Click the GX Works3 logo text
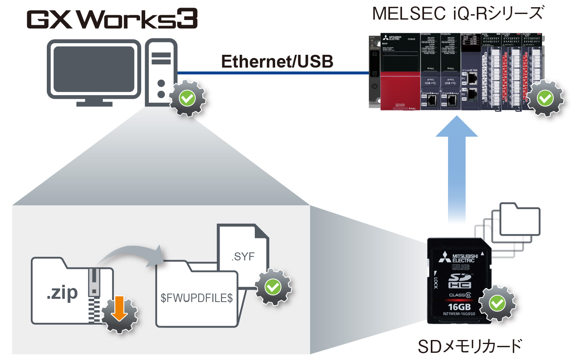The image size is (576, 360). pyautogui.click(x=112, y=19)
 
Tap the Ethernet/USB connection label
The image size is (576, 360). pyautogui.click(x=277, y=62)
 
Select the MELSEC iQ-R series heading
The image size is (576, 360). pyautogui.click(x=458, y=14)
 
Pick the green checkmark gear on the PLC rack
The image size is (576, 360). pyautogui.click(x=545, y=98)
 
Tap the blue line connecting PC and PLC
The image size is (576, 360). pyautogui.click(x=272, y=73)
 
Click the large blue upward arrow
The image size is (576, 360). pyautogui.click(x=457, y=160)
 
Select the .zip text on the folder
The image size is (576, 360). pyautogui.click(x=62, y=293)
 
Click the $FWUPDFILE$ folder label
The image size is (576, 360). pyautogui.click(x=196, y=298)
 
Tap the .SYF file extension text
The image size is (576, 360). pyautogui.click(x=243, y=256)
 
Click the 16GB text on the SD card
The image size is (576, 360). pyautogui.click(x=459, y=307)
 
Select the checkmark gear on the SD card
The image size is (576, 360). pyautogui.click(x=497, y=303)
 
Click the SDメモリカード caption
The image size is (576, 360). pyautogui.click(x=470, y=346)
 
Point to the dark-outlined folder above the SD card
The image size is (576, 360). pyautogui.click(x=520, y=219)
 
